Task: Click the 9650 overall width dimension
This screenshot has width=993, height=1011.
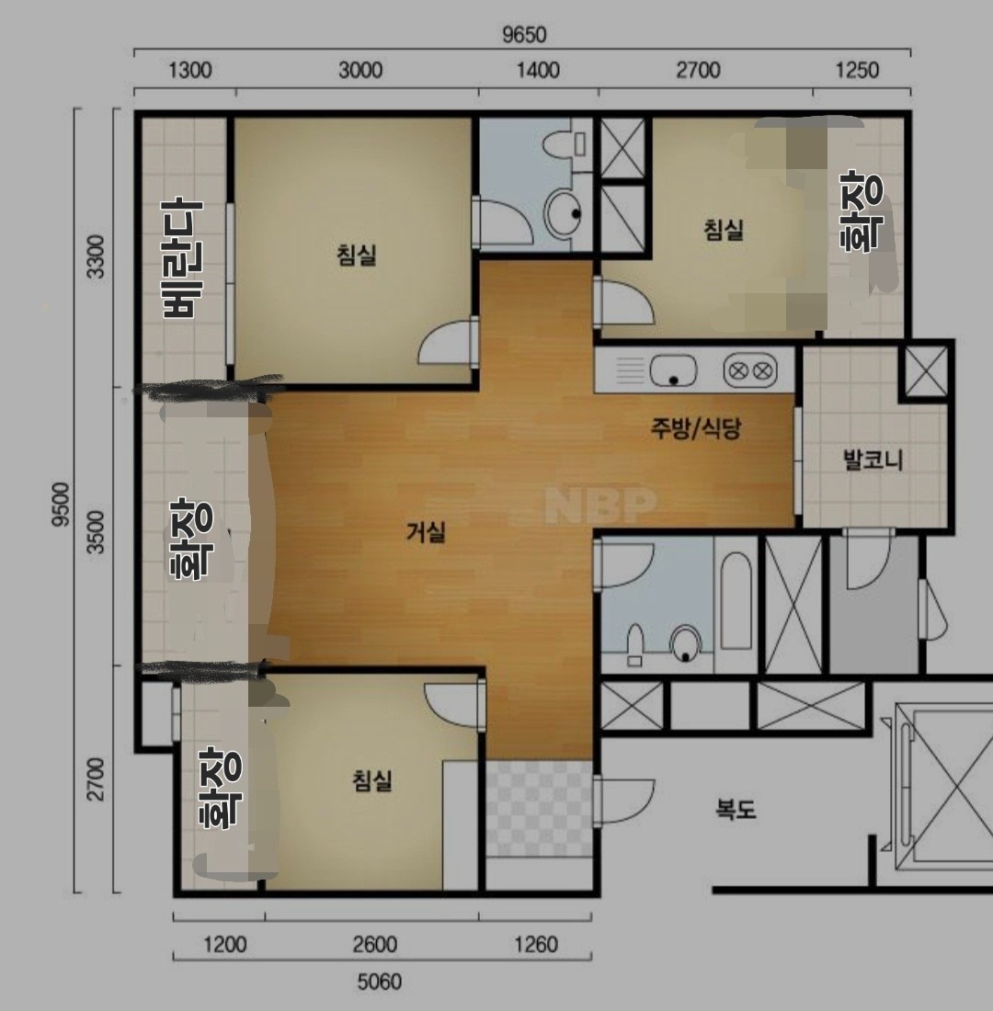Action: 524,34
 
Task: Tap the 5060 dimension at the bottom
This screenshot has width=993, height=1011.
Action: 380,982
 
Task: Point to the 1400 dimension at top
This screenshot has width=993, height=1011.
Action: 538,70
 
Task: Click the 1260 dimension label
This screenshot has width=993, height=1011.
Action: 535,945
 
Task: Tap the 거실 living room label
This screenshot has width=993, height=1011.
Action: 426,532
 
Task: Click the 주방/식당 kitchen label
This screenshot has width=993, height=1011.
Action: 695,428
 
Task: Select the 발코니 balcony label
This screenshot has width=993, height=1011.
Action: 873,460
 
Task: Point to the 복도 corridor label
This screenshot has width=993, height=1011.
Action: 736,809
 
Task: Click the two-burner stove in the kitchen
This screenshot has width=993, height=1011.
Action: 749,371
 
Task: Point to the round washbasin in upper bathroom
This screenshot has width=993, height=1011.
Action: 564,213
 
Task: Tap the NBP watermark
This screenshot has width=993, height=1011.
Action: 600,505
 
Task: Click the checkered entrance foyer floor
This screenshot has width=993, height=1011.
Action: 539,809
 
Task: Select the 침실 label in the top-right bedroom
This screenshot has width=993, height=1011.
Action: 724,230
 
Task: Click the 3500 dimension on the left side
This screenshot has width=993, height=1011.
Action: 97,532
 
